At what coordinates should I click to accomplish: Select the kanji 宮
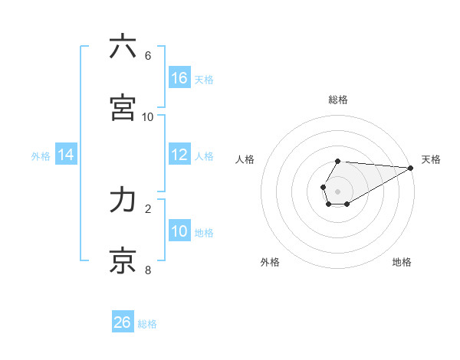point(123,107)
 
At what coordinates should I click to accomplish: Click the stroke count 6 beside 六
point(148,56)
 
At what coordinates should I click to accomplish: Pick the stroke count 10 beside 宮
point(148,117)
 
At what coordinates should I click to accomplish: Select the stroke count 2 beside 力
point(148,208)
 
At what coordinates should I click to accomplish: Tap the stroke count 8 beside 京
point(148,270)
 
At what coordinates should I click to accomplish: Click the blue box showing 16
point(179,78)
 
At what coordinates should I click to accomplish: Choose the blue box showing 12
point(179,155)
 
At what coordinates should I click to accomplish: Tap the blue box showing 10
point(179,231)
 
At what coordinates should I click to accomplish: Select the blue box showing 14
point(66,155)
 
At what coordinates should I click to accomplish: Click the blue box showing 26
point(123,322)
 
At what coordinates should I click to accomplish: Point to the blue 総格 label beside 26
point(147,324)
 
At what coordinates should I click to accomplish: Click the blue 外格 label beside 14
point(41,156)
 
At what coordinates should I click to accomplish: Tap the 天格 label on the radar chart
point(431,159)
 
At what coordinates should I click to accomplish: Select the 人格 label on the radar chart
point(245,159)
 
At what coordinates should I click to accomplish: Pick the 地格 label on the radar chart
point(402,262)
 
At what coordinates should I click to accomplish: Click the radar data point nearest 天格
point(411,168)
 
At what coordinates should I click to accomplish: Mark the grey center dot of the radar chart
point(337,191)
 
